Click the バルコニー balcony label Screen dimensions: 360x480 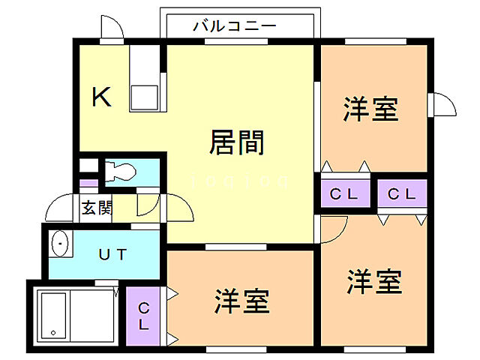click(x=235, y=25)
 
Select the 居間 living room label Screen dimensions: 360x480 click(x=236, y=142)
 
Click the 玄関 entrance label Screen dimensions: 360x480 click(x=97, y=207)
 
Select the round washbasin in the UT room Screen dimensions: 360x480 click(x=59, y=244)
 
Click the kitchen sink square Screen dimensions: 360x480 click(x=145, y=97)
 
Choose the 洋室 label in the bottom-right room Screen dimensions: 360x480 click(x=374, y=283)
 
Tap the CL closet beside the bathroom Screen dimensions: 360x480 click(x=143, y=316)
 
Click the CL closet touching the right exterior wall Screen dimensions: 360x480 click(x=401, y=194)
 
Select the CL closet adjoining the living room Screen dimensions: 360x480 click(x=345, y=194)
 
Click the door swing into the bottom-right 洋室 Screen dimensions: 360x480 click(x=334, y=226)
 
